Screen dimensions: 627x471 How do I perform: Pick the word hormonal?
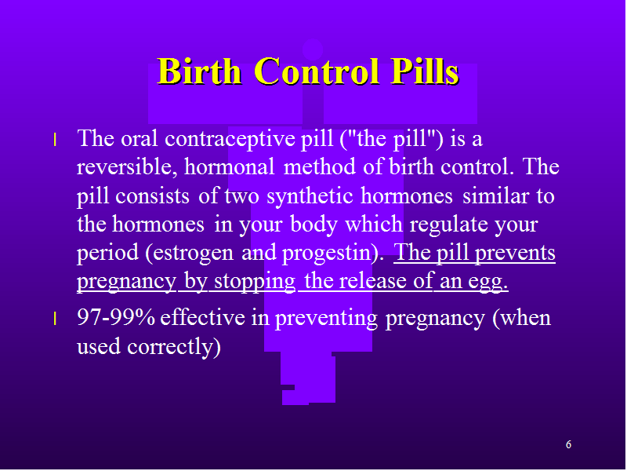point(229,166)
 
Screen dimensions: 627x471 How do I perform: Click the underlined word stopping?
point(255,281)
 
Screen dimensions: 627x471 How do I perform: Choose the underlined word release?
point(375,280)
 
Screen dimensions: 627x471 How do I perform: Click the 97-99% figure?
point(116,317)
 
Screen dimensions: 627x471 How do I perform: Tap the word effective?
point(202,317)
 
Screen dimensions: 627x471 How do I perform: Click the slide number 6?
point(568,444)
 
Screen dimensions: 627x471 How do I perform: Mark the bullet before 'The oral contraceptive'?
point(55,141)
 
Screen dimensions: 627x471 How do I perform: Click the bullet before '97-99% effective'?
point(55,319)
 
